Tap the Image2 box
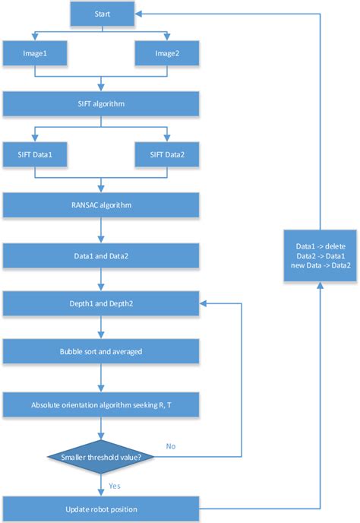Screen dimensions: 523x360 click(x=167, y=53)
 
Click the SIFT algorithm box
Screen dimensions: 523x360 click(x=101, y=103)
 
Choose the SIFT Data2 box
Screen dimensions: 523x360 click(x=167, y=154)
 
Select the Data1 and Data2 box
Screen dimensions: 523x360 click(x=101, y=255)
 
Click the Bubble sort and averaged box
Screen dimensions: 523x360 click(x=101, y=352)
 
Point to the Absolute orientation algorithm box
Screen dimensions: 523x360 click(x=101, y=404)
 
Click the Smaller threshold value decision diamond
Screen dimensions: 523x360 click(x=101, y=457)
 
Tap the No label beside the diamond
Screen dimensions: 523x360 click(x=172, y=445)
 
